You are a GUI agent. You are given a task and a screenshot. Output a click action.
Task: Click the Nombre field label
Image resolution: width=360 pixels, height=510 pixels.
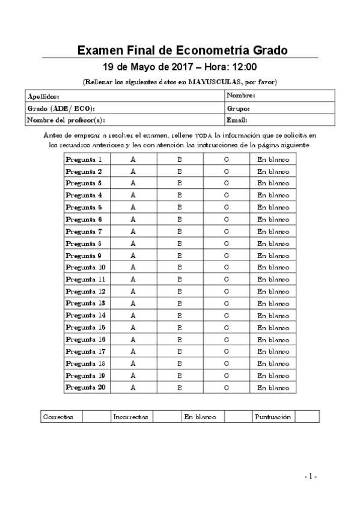pos(242,96)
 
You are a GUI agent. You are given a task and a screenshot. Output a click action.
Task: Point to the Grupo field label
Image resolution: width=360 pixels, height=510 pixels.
pos(239,108)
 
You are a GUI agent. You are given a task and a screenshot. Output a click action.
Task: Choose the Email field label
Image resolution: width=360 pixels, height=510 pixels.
pos(238,120)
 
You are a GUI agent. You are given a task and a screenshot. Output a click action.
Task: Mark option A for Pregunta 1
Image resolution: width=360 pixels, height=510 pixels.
pos(133,159)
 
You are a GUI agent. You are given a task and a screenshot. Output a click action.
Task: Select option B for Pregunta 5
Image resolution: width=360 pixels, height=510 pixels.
pos(180,207)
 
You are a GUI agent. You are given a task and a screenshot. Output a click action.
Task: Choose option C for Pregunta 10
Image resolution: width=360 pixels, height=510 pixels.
pos(226,267)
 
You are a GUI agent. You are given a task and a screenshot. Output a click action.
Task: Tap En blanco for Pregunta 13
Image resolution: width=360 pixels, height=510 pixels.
pos(273,303)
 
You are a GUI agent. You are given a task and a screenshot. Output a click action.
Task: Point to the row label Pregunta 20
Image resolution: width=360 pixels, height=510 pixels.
pos(85,388)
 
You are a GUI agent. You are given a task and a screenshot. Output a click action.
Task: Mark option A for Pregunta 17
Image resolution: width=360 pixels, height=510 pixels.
pos(133,351)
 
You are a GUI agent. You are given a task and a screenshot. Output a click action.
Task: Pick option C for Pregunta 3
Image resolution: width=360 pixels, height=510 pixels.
pos(226,183)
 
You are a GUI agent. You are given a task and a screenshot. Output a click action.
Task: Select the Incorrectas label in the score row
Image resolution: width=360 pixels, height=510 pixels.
pos(130,417)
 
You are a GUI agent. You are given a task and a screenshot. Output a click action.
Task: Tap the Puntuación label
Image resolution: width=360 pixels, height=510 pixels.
pos(273,417)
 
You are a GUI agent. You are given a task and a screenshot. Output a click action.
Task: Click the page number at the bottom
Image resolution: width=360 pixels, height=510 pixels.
pos(310,476)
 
